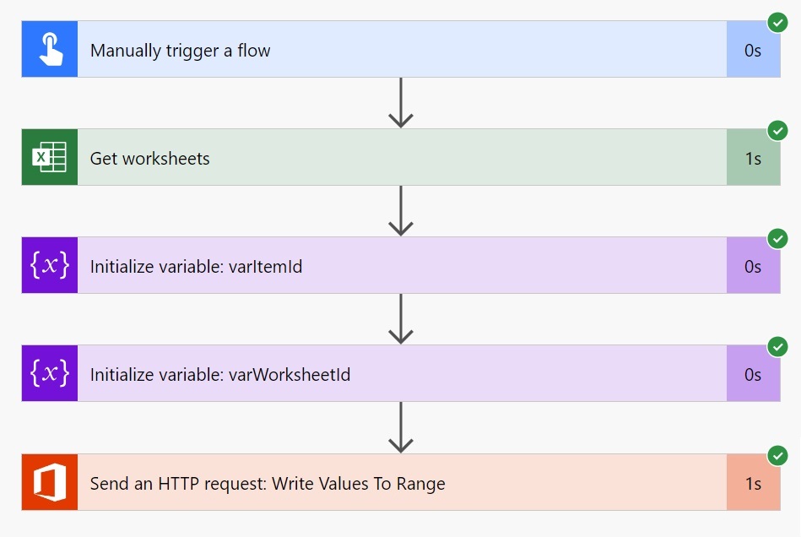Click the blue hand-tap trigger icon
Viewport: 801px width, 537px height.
click(x=50, y=50)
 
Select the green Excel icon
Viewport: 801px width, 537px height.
click(x=50, y=158)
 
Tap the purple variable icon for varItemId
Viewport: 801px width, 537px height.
click(x=50, y=266)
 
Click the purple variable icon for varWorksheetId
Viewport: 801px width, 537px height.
click(x=50, y=374)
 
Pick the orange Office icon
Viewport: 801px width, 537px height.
click(x=50, y=483)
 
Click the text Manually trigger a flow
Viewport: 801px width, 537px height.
click(x=180, y=51)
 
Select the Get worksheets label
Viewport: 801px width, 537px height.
click(x=149, y=159)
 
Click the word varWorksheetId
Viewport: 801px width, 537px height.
click(x=290, y=375)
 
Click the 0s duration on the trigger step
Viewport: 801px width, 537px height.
click(x=753, y=51)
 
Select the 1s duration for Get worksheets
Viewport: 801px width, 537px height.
click(x=753, y=159)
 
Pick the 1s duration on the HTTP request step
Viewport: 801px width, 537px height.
click(x=753, y=484)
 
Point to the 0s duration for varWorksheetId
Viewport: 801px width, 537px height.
click(x=753, y=375)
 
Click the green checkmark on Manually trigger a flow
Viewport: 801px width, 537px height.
click(x=777, y=23)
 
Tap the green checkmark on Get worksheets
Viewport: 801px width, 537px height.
click(x=777, y=131)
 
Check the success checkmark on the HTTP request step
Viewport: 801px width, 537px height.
click(x=777, y=456)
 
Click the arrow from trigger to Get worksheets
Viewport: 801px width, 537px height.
click(x=400, y=103)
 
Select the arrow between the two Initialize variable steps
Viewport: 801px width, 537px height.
click(x=400, y=319)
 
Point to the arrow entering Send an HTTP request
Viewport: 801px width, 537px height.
click(x=400, y=428)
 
